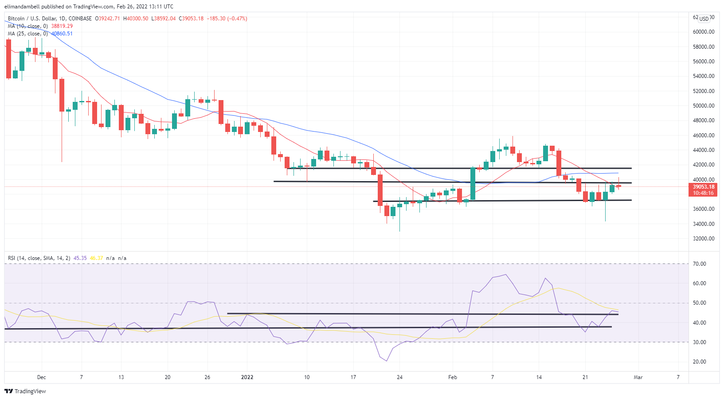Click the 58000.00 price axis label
[x=704, y=46]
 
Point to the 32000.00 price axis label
[x=704, y=239]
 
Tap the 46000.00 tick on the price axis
[x=704, y=136]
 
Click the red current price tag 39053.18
[x=704, y=187]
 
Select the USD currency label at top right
[x=704, y=19]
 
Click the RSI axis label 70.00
[x=700, y=264]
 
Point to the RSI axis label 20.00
[x=700, y=362]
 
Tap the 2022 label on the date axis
[x=247, y=377]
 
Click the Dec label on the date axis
[x=41, y=377]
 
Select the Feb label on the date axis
[x=452, y=377]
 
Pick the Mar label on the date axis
[x=638, y=377]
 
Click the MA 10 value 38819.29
[x=62, y=26]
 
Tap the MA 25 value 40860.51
[x=62, y=34]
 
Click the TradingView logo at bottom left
[x=25, y=391]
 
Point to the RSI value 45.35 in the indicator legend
[x=80, y=258]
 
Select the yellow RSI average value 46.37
[x=96, y=258]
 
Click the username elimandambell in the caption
[x=22, y=7]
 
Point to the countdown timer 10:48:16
[x=704, y=193]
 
